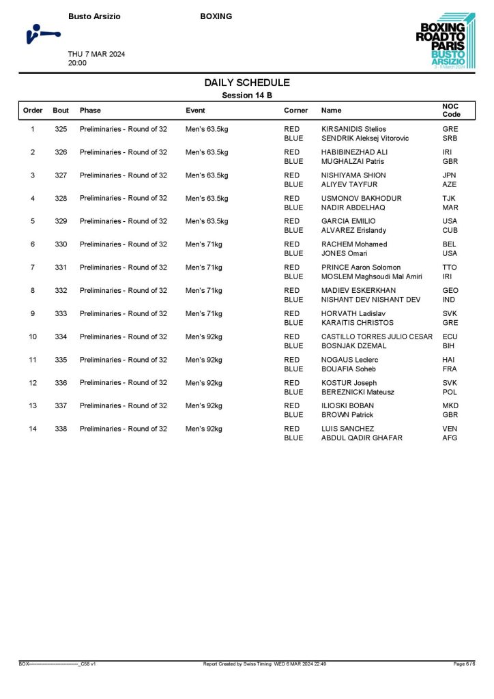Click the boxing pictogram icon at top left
(42, 33)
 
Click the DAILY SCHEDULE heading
(247, 83)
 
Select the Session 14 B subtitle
(247, 96)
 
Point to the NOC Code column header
(452, 110)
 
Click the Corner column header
(295, 111)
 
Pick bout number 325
(61, 129)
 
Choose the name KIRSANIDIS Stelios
(353, 129)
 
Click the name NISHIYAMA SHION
(353, 175)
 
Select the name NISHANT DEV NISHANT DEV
(370, 300)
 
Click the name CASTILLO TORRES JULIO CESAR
(377, 337)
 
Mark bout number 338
(61, 429)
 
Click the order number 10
(33, 337)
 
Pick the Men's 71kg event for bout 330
(204, 244)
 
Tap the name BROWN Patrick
(347, 415)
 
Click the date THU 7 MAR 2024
(96, 54)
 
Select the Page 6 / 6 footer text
(464, 664)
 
